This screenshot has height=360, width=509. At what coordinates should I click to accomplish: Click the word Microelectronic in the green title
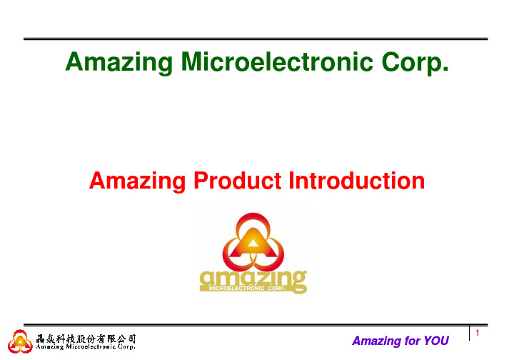[x=277, y=61]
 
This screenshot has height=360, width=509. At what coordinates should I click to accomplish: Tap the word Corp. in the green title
[x=415, y=63]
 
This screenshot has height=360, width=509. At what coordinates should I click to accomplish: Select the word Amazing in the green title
[x=119, y=63]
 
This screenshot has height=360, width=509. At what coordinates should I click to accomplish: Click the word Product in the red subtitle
[x=237, y=181]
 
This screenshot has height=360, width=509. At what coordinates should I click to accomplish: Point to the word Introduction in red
[x=357, y=181]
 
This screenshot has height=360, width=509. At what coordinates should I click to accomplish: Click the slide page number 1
[x=478, y=333]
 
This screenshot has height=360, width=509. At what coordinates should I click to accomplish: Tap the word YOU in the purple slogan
[x=436, y=341]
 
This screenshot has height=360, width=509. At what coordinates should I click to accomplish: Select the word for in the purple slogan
[x=413, y=341]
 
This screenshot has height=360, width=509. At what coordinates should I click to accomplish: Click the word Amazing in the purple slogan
[x=377, y=341]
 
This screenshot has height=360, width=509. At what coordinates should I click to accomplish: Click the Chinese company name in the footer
[x=86, y=339]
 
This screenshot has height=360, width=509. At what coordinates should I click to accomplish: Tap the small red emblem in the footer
[x=20, y=341]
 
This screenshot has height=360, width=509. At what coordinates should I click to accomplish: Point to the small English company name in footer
[x=86, y=346]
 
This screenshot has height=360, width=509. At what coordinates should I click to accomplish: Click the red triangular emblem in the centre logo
[x=253, y=242]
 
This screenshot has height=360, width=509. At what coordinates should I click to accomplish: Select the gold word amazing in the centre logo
[x=253, y=279]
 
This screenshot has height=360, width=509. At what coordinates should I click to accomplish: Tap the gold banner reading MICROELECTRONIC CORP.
[x=247, y=288]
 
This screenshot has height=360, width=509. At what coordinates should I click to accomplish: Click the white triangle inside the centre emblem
[x=253, y=243]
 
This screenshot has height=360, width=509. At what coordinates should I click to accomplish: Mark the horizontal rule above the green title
[x=256, y=39]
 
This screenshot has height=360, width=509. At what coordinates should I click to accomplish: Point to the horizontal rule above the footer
[x=256, y=325]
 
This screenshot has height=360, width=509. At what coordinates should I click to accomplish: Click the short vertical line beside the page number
[x=470, y=332]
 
